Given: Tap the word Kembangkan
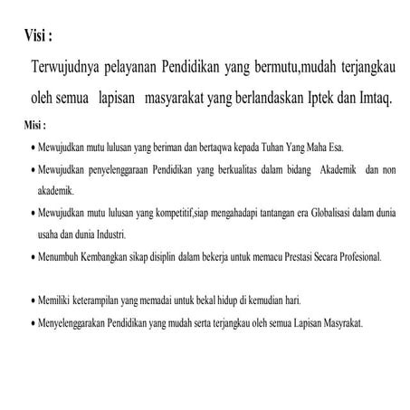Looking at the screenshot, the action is pyautogui.click(x=111, y=256).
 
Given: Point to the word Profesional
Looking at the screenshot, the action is pyautogui.click(x=355, y=256).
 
